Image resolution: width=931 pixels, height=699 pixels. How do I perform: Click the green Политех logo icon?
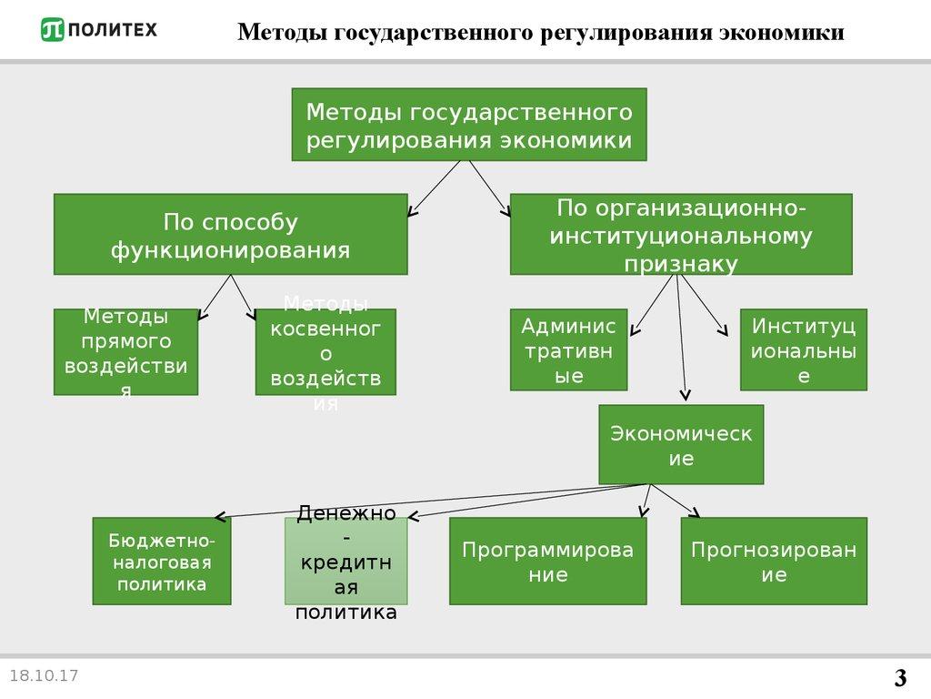tap(53, 30)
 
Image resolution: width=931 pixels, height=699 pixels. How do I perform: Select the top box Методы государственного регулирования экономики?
tap(468, 125)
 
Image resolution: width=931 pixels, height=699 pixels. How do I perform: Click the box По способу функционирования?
tap(230, 235)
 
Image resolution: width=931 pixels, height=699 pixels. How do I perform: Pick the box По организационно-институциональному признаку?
tap(681, 235)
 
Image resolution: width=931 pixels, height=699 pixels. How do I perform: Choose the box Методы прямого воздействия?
tap(125, 351)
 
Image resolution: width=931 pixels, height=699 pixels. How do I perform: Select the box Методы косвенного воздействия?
tap(325, 351)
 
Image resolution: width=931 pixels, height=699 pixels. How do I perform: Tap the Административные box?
tap(568, 350)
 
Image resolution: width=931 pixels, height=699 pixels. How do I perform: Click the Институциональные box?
tap(803, 350)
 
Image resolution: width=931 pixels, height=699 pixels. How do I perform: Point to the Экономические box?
tap(681, 444)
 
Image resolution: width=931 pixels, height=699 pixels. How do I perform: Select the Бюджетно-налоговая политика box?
tap(162, 561)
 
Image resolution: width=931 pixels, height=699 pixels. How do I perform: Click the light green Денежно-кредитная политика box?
tap(345, 561)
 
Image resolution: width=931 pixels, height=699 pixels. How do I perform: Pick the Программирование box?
tap(548, 561)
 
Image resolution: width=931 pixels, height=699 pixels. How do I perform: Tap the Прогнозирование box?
tap(774, 561)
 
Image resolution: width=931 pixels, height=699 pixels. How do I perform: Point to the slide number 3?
tap(900, 678)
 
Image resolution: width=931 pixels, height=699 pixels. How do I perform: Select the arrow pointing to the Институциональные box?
tap(704, 305)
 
